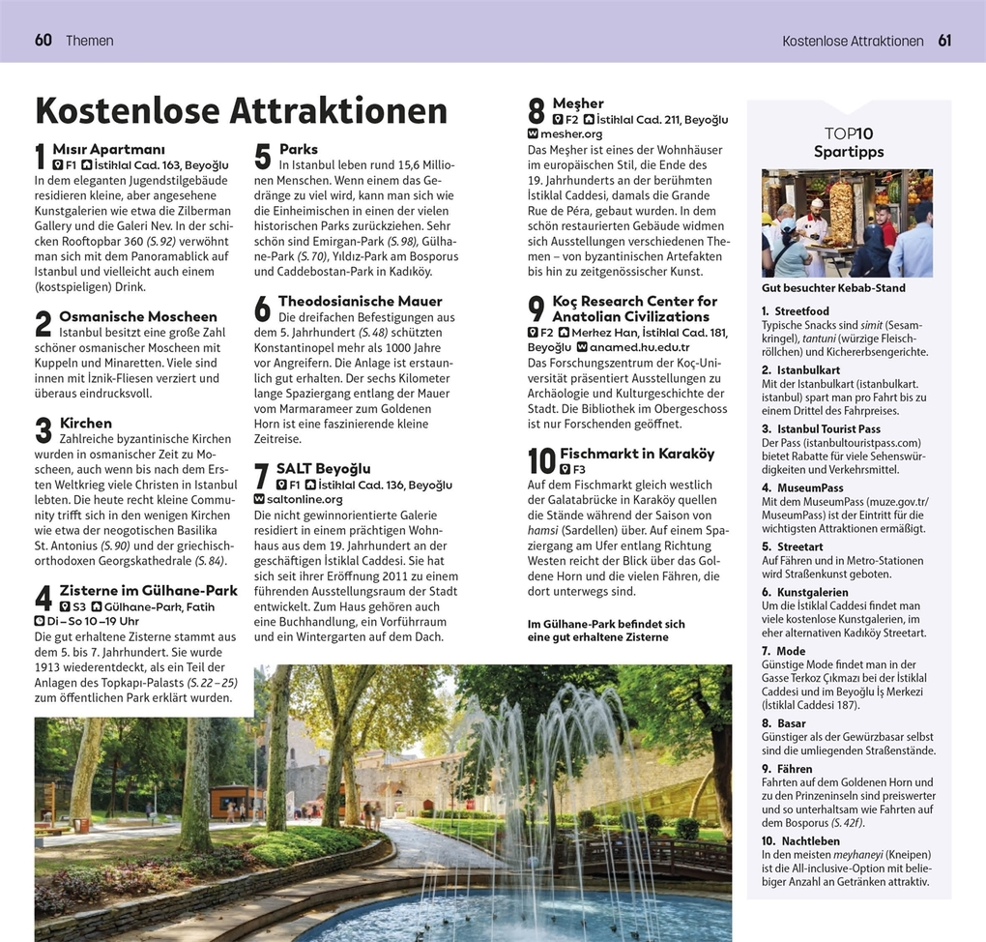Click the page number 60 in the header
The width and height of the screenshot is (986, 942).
point(43,41)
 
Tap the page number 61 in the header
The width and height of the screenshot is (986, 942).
point(944,41)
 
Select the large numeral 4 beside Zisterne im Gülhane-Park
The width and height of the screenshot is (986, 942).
point(43,599)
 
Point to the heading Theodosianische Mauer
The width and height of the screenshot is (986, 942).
point(360,301)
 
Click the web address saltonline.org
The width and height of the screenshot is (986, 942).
point(304,499)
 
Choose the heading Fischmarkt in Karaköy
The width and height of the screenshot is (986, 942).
point(636,454)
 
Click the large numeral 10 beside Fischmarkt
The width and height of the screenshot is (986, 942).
point(541,461)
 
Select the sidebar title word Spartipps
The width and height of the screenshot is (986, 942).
point(849,152)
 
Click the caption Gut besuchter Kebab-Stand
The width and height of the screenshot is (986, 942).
point(834,288)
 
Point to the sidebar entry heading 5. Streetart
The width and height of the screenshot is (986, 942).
point(794,546)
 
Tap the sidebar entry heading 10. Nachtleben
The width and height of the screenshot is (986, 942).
point(799,840)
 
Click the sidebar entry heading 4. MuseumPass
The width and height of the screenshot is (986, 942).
point(802,488)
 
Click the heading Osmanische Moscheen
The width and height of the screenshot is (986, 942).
point(138,316)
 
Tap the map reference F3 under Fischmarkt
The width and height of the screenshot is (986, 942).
point(579,469)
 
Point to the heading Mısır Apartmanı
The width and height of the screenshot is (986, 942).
point(108,149)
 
